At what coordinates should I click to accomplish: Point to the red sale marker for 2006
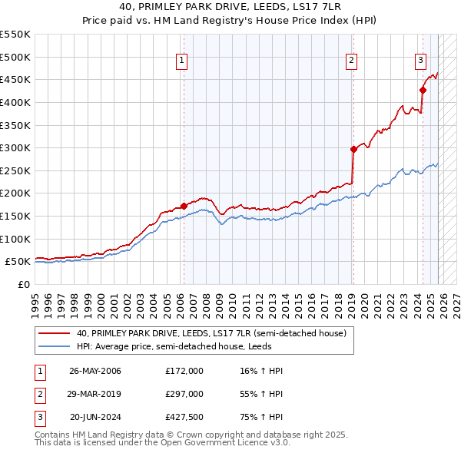coord(184,206)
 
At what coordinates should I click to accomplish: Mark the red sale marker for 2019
coord(353,149)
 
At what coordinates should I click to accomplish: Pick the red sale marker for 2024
coord(423,90)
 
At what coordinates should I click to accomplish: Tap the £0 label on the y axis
coord(24,284)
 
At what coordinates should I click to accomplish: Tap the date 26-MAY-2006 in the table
coord(95,371)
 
